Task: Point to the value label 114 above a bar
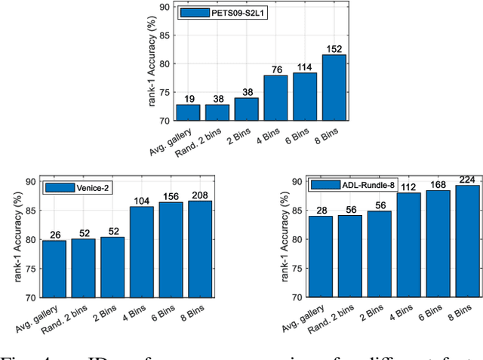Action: [304, 66]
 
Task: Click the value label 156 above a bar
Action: [171, 195]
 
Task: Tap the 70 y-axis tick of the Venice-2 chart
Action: [31, 297]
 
